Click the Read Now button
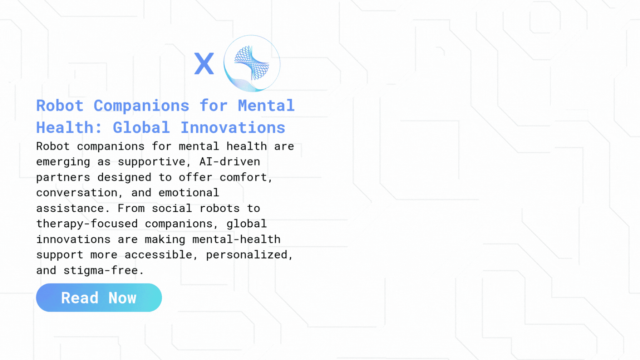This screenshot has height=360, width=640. point(99,297)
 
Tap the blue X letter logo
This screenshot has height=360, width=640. point(204,64)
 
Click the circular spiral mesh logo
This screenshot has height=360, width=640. point(252,63)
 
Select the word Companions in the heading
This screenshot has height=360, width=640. point(141,106)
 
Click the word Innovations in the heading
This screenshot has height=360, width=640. point(233,128)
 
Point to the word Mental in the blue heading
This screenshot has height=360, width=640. point(266,106)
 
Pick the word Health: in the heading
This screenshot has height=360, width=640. point(69,128)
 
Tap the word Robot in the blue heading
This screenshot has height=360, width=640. point(60,106)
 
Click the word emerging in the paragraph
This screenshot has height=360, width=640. point(63,162)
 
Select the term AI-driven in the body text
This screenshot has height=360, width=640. point(230,162)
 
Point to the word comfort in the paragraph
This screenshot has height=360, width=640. point(243,177)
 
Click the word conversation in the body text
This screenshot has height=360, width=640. point(77,193)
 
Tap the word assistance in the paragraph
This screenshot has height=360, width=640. point(70,208)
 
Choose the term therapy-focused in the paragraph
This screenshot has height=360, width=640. point(87,224)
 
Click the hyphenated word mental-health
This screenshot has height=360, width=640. point(236,239)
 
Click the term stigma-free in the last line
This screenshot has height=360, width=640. point(100,270)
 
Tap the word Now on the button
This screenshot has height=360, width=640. point(122,298)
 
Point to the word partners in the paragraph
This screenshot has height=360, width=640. point(63,177)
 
